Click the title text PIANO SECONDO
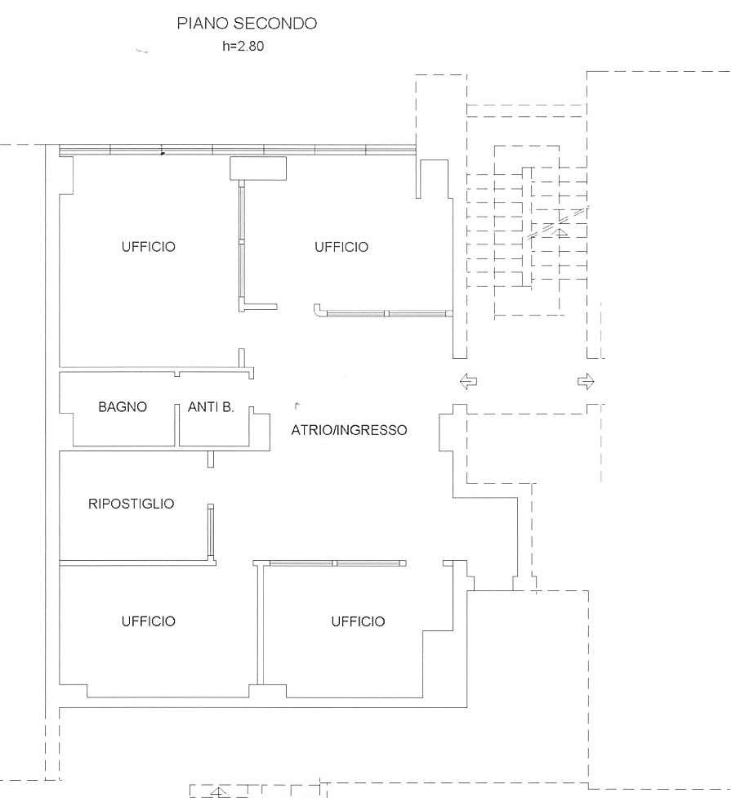click(x=247, y=24)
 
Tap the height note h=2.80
click(x=243, y=46)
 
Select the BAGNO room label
click(x=123, y=406)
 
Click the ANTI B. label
click(x=211, y=406)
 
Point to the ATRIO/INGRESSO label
click(x=349, y=430)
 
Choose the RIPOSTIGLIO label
click(x=132, y=504)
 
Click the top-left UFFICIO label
click(x=149, y=247)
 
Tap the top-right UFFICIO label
click(x=341, y=247)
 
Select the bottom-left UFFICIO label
click(x=149, y=621)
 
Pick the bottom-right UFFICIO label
click(x=358, y=621)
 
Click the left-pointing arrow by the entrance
click(x=468, y=381)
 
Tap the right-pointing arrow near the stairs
click(x=586, y=381)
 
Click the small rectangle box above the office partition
click(x=258, y=168)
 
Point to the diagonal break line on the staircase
click(x=558, y=222)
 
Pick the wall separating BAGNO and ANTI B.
click(x=177, y=425)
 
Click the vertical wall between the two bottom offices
click(x=261, y=624)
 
